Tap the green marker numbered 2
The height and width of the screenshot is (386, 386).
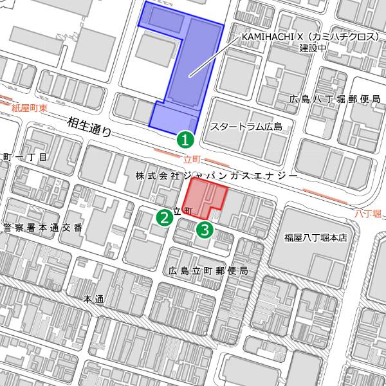(x=165, y=217)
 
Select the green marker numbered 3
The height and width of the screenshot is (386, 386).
(x=205, y=229)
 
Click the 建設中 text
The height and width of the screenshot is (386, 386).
(x=313, y=48)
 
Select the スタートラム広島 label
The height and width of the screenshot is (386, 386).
(x=246, y=126)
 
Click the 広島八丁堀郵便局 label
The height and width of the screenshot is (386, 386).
(x=335, y=99)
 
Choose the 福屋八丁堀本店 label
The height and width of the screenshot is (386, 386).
(x=315, y=237)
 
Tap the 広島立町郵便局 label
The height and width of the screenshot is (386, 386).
(x=208, y=271)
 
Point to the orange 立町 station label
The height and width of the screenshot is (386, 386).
(x=192, y=158)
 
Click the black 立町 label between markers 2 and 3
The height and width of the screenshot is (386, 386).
(x=183, y=210)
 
